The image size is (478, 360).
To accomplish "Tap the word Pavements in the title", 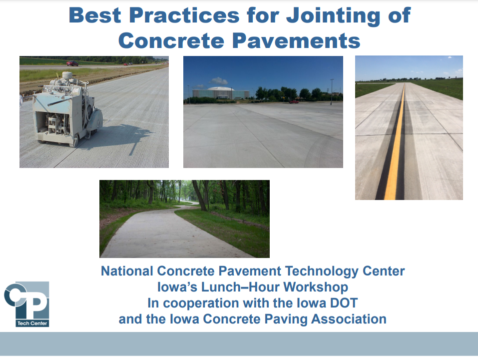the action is tap(296, 41).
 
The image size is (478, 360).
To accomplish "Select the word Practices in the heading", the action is tap(184, 15).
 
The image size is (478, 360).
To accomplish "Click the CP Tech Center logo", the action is tap(26, 304).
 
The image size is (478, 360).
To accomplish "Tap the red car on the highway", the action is tap(72, 63).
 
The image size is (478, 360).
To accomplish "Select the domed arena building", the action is tap(221, 92).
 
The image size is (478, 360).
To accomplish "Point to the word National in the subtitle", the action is tap(127, 271).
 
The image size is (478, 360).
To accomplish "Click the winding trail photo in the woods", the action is tap(184, 218).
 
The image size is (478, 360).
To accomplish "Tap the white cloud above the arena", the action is tap(218, 81).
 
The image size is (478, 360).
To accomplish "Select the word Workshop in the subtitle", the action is tap(316, 287).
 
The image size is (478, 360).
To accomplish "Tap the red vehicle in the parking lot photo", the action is tap(294, 101).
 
